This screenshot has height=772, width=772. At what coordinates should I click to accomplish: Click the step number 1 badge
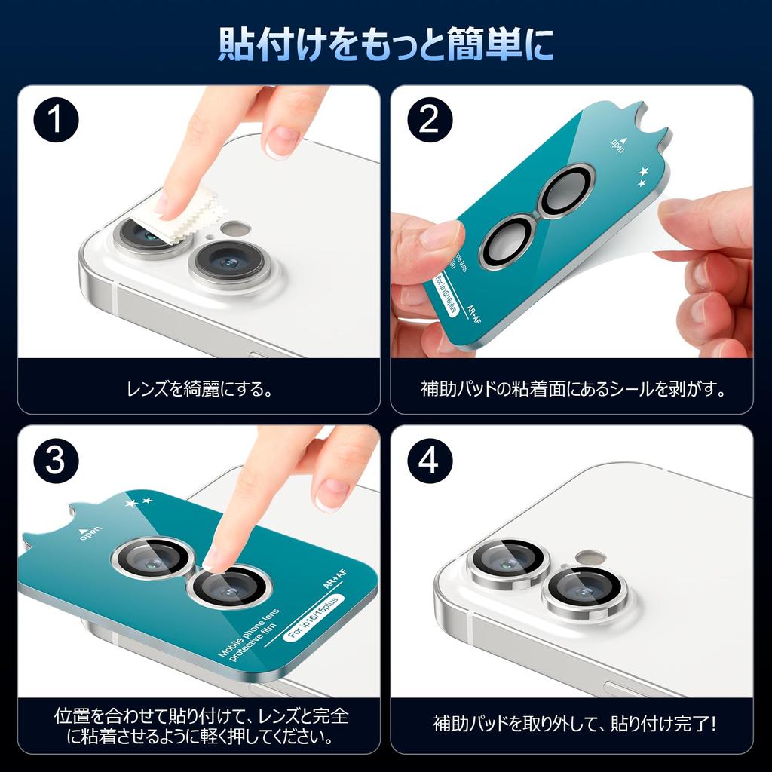tap(55, 121)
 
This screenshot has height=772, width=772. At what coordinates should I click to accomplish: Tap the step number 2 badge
tap(428, 121)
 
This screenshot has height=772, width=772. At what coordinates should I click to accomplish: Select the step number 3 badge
tap(55, 461)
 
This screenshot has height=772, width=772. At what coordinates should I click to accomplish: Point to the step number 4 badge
tap(428, 461)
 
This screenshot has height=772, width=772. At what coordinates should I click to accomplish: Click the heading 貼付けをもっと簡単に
tap(386, 44)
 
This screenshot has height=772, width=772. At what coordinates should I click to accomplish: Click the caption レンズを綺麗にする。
tap(199, 390)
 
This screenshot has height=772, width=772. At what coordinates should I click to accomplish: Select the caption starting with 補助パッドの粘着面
tap(572, 390)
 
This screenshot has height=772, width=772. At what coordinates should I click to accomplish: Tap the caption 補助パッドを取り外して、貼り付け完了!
tap(572, 725)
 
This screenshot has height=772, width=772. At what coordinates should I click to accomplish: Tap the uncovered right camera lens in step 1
tap(229, 263)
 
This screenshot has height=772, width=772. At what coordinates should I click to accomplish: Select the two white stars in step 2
tap(643, 177)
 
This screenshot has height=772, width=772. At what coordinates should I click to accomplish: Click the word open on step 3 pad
tap(88, 535)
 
